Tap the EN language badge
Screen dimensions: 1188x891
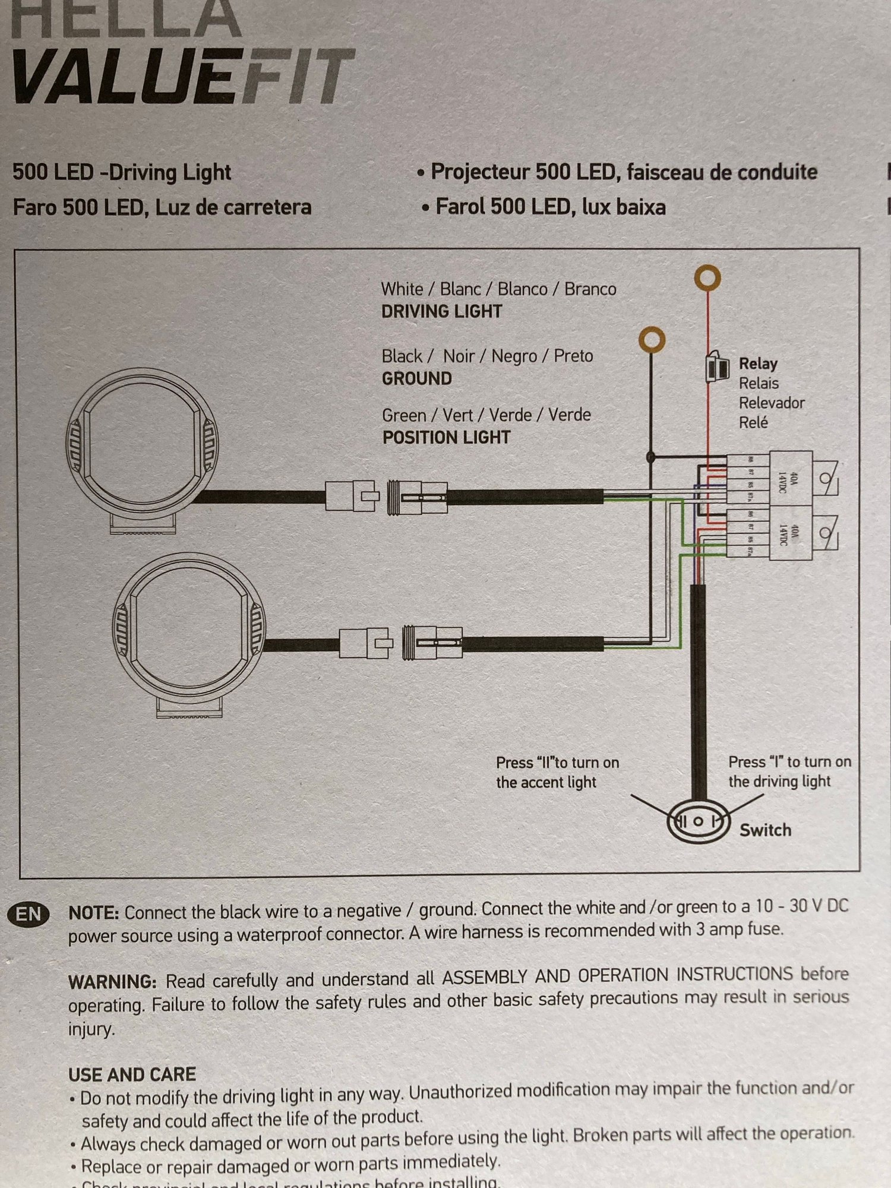[29, 914]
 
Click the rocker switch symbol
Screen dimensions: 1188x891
[699, 822]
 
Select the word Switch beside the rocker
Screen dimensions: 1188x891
[765, 830]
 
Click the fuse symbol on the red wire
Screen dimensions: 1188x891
[717, 366]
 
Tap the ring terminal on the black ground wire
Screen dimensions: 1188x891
[652, 340]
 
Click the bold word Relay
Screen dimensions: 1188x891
[758, 364]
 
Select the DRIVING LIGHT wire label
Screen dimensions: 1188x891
[441, 311]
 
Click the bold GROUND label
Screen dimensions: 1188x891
[416, 378]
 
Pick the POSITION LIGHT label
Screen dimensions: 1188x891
[446, 438]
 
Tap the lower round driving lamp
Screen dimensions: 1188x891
[189, 630]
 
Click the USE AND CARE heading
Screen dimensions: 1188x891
[132, 1074]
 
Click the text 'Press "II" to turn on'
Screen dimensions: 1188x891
[557, 763]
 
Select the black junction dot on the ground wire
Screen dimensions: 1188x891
[651, 457]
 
